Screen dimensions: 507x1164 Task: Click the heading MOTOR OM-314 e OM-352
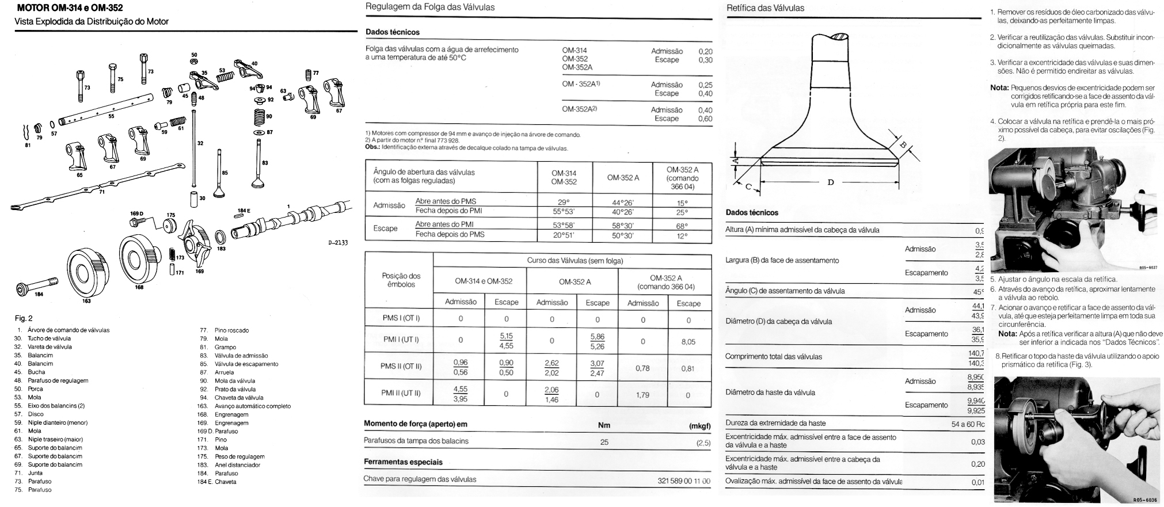(x=70, y=9)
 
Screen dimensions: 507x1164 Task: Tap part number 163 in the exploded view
(x=86, y=300)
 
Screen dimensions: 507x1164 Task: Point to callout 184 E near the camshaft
(x=244, y=211)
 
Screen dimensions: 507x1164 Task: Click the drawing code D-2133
(x=338, y=243)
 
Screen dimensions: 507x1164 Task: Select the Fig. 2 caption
(x=24, y=318)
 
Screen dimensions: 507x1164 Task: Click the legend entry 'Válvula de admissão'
(x=241, y=356)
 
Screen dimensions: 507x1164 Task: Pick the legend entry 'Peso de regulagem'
(x=239, y=456)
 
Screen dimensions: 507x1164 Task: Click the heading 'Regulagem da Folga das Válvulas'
(x=430, y=7)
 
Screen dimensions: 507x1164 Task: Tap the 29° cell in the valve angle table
(x=564, y=202)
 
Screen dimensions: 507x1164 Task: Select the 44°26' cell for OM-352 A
(x=623, y=202)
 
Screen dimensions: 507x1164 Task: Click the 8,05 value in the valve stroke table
(x=688, y=341)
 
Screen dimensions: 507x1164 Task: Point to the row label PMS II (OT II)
(x=401, y=367)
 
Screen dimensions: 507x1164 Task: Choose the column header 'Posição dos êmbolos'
(x=401, y=280)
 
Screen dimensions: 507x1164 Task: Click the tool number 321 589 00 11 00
(x=683, y=480)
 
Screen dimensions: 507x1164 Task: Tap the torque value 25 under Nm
(x=604, y=442)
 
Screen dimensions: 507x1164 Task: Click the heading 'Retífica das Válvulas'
(x=765, y=9)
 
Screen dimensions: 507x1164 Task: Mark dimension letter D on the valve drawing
(x=830, y=182)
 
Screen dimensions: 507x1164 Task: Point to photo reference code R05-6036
(x=1144, y=500)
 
